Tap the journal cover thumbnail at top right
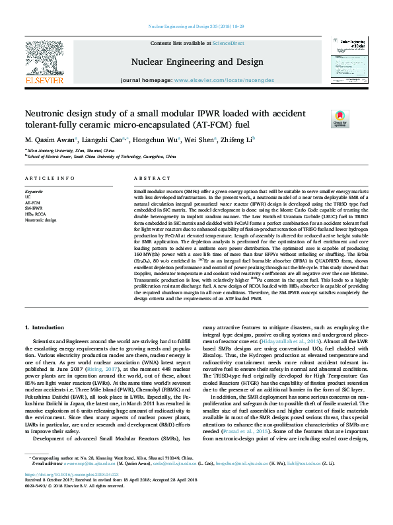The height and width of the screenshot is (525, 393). [x=351, y=63]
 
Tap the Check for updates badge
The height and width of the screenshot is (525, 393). [x=339, y=118]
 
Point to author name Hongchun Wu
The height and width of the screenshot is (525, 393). [x=154, y=140]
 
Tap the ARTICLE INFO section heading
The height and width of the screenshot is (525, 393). [x=50, y=179]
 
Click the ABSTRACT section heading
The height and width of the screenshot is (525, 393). [x=153, y=179]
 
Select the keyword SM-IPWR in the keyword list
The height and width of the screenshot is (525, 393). [x=33, y=208]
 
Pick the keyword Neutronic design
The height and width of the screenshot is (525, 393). [x=40, y=219]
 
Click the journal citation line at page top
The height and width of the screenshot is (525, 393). [x=196, y=26]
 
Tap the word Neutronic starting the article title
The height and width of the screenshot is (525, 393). [x=45, y=113]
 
